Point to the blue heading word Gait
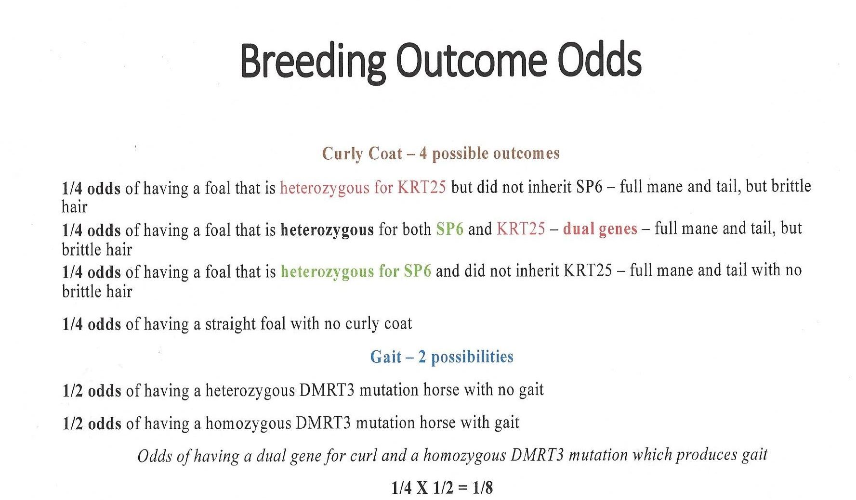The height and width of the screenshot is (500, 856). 386,357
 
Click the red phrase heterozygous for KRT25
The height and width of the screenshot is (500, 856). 363,187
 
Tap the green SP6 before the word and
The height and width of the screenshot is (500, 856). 449,229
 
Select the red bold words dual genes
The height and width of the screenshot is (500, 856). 600,229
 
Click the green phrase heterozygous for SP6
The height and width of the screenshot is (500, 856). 356,271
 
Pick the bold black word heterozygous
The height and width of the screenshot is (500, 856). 327,230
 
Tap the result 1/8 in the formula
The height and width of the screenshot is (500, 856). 483,488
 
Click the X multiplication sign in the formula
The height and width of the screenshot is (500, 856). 422,488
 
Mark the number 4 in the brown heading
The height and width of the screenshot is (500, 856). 423,154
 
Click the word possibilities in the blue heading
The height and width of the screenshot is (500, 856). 472,357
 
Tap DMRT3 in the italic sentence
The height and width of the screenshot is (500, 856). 537,455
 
